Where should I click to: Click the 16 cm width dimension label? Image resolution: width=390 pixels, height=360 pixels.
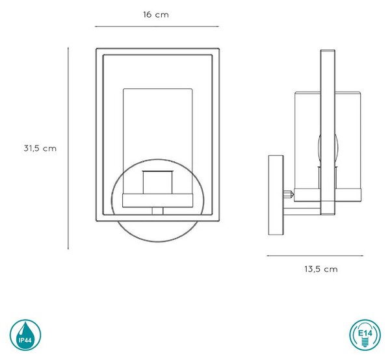click(156, 15)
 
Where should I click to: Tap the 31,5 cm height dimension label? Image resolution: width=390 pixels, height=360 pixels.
click(40, 148)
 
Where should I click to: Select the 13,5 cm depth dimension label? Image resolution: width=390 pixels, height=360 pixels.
click(321, 269)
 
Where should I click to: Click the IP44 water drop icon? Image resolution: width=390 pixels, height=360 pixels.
click(25, 335)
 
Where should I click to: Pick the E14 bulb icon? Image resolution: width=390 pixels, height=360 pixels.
click(365, 335)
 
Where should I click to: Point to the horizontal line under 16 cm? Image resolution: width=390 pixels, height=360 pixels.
click(157, 27)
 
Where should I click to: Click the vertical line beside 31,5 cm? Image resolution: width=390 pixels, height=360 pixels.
click(68, 148)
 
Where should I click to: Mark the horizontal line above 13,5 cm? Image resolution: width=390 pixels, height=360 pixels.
click(315, 255)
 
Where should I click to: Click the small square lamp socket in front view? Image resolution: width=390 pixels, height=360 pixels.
click(157, 182)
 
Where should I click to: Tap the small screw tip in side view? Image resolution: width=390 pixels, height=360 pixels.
click(289, 194)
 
